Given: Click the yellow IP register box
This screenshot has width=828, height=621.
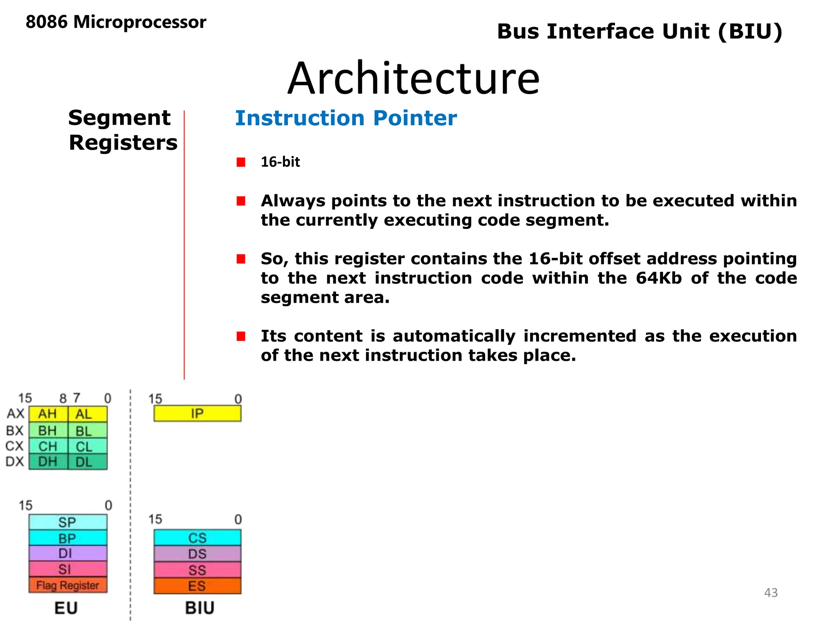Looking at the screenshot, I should [197, 414].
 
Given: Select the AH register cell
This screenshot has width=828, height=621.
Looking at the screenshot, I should [48, 414].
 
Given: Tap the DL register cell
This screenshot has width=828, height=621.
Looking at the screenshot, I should [87, 462].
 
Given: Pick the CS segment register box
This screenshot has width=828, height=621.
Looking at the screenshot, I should [197, 538].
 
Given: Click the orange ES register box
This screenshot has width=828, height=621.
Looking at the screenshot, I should [197, 586].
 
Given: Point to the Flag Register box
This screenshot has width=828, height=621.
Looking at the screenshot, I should [68, 585].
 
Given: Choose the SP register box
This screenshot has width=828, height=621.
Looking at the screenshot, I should [68, 522].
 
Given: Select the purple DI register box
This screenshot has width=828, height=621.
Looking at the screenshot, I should [68, 553].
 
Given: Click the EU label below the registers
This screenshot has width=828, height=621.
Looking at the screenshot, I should [66, 608].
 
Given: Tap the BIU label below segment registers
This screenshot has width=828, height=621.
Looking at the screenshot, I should [200, 608].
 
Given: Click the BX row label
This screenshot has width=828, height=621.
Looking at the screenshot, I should [15, 431].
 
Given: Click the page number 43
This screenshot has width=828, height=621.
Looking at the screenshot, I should [771, 593].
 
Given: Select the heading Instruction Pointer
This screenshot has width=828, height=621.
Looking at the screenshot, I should [346, 118].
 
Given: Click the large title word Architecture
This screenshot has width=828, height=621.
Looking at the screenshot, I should [413, 78].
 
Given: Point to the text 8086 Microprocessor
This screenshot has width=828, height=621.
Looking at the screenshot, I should [116, 22].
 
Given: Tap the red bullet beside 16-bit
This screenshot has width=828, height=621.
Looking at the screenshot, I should [241, 162].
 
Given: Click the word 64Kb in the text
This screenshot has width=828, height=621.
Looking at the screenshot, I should [659, 278].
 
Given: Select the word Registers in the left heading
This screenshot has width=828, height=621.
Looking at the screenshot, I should [123, 143].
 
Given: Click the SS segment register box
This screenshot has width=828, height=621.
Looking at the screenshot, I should [197, 570].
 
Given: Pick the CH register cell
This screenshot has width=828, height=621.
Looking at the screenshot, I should [48, 446].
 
